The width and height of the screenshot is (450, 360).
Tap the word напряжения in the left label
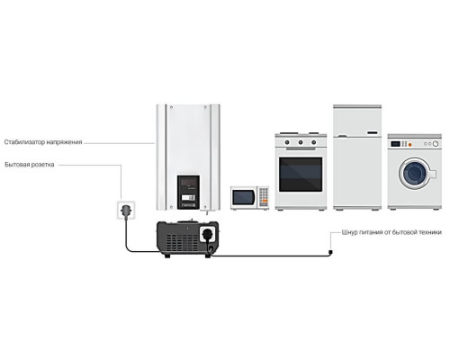64,142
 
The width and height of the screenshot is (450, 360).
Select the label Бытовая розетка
30,165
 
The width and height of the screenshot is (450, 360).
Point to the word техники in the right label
430,232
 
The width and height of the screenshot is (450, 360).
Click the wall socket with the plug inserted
126,210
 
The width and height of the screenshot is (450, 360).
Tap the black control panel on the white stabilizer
188,193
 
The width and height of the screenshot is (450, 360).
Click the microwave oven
250,198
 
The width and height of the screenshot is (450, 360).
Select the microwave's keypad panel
264,197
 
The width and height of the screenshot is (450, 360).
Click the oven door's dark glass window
301,175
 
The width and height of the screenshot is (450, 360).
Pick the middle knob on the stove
301,142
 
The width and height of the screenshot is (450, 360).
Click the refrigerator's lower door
357,172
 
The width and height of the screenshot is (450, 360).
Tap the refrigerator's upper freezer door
357,121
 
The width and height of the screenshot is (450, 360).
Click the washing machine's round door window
415,174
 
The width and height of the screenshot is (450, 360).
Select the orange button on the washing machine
410,145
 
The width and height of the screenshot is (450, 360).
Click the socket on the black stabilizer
207,234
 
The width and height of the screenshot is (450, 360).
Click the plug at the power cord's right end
330,253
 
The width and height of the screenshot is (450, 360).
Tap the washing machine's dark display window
395,144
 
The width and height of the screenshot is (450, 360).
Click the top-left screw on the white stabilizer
171,107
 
